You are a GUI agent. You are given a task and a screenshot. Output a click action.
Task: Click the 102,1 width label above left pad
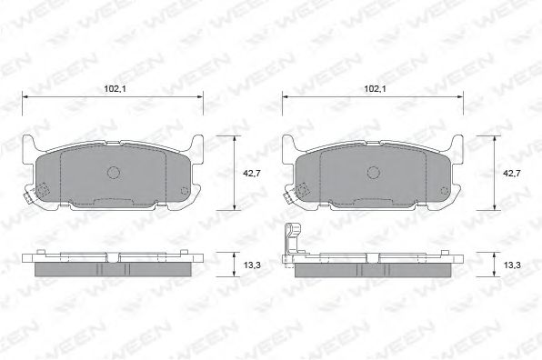[114, 88]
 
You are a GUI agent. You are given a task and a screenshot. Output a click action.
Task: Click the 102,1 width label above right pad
[375, 88]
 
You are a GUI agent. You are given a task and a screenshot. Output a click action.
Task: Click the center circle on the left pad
[114, 173]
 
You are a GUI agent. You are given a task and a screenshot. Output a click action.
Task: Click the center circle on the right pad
[374, 173]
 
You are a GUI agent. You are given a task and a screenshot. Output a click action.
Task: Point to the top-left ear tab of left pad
[30, 144]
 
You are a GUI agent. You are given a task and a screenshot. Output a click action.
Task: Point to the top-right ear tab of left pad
[196, 144]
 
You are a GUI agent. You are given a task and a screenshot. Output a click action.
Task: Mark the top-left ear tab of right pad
[290, 144]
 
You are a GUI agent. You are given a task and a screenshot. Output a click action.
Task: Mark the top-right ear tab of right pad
[457, 144]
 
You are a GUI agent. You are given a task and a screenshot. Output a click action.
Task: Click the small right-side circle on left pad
[186, 191]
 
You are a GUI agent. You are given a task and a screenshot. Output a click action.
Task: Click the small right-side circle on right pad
[446, 191]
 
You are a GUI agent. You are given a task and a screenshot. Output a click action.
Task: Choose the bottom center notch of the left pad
[114, 201]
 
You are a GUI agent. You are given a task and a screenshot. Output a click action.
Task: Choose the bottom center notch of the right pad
[374, 201]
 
